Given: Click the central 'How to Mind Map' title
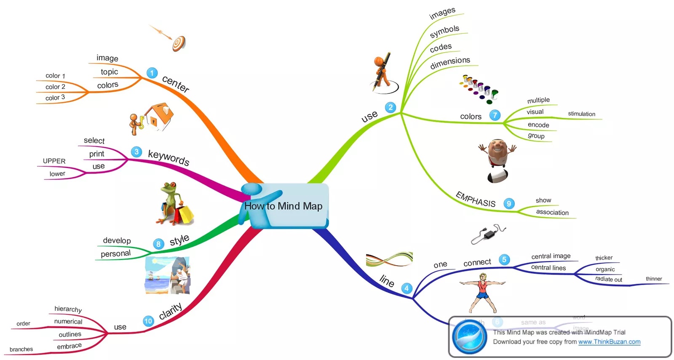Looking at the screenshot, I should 283,206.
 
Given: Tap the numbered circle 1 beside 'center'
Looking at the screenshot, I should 152,73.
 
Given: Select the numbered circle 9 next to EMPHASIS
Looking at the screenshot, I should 509,204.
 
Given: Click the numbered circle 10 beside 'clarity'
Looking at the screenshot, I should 148,321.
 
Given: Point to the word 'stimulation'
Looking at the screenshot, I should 581,114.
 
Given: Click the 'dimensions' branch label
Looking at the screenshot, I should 450,63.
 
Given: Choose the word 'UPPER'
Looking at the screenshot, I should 54,161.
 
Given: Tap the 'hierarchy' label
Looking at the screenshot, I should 68,309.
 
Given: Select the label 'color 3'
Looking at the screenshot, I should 55,98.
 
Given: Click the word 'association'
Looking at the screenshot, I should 552,212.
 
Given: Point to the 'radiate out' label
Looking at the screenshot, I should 608,279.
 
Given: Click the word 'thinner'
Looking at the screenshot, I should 654,279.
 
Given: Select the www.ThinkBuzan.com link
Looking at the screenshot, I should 609,342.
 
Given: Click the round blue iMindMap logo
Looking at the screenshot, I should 469,337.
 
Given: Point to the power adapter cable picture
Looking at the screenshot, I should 488,234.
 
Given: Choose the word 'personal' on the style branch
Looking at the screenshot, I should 115,253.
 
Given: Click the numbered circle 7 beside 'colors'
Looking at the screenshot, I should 495,115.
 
